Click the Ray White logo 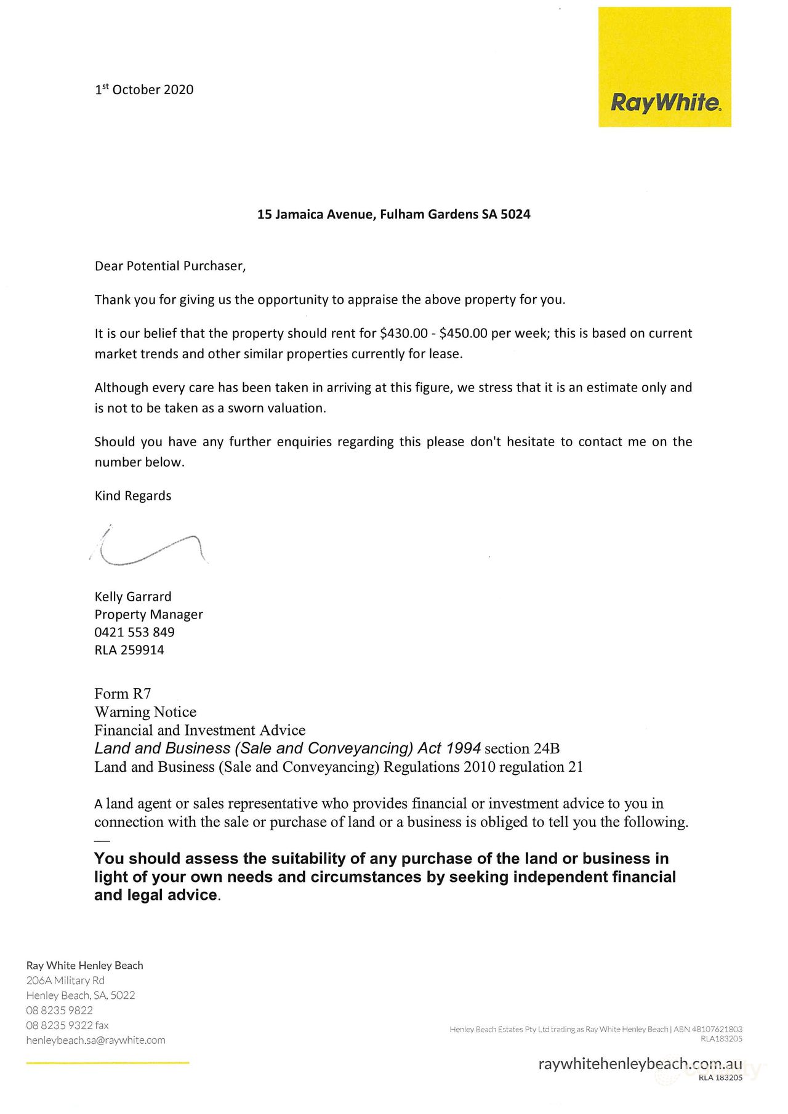tap(664, 67)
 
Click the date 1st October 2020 tap(144, 90)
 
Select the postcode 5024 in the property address tap(515, 214)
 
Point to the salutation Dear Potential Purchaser tap(170, 266)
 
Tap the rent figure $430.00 tap(403, 334)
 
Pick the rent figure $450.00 tap(463, 334)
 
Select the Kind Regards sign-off tap(133, 496)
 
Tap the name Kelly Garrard tap(133, 596)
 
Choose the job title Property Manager tap(148, 614)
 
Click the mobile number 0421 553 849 tap(134, 632)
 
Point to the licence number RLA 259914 tap(129, 650)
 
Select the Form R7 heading tap(123, 694)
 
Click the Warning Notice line tap(145, 712)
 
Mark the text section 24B tap(522, 749)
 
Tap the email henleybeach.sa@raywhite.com tap(95, 1040)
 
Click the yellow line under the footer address tap(108, 1063)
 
